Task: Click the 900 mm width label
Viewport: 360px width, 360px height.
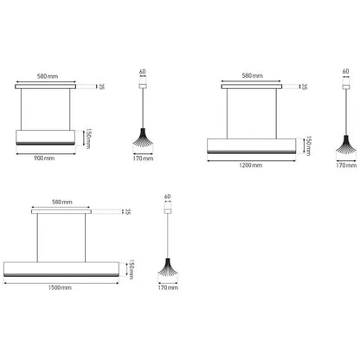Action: coord(44,158)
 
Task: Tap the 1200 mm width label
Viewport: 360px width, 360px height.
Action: coord(251,165)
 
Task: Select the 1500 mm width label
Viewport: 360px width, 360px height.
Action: coord(60,287)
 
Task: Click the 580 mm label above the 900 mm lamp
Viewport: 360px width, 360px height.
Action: coord(48,76)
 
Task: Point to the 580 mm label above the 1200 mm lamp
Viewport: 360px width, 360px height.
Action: coord(253,76)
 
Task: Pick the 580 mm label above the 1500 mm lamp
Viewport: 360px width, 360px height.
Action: coord(62,202)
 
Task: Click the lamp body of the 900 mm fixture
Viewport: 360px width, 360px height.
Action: coord(46,138)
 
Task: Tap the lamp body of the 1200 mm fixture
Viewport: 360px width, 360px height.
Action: coord(252,146)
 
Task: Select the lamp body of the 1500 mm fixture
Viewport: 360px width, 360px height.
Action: coord(61,269)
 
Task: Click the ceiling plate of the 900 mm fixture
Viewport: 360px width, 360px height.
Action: coord(46,87)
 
